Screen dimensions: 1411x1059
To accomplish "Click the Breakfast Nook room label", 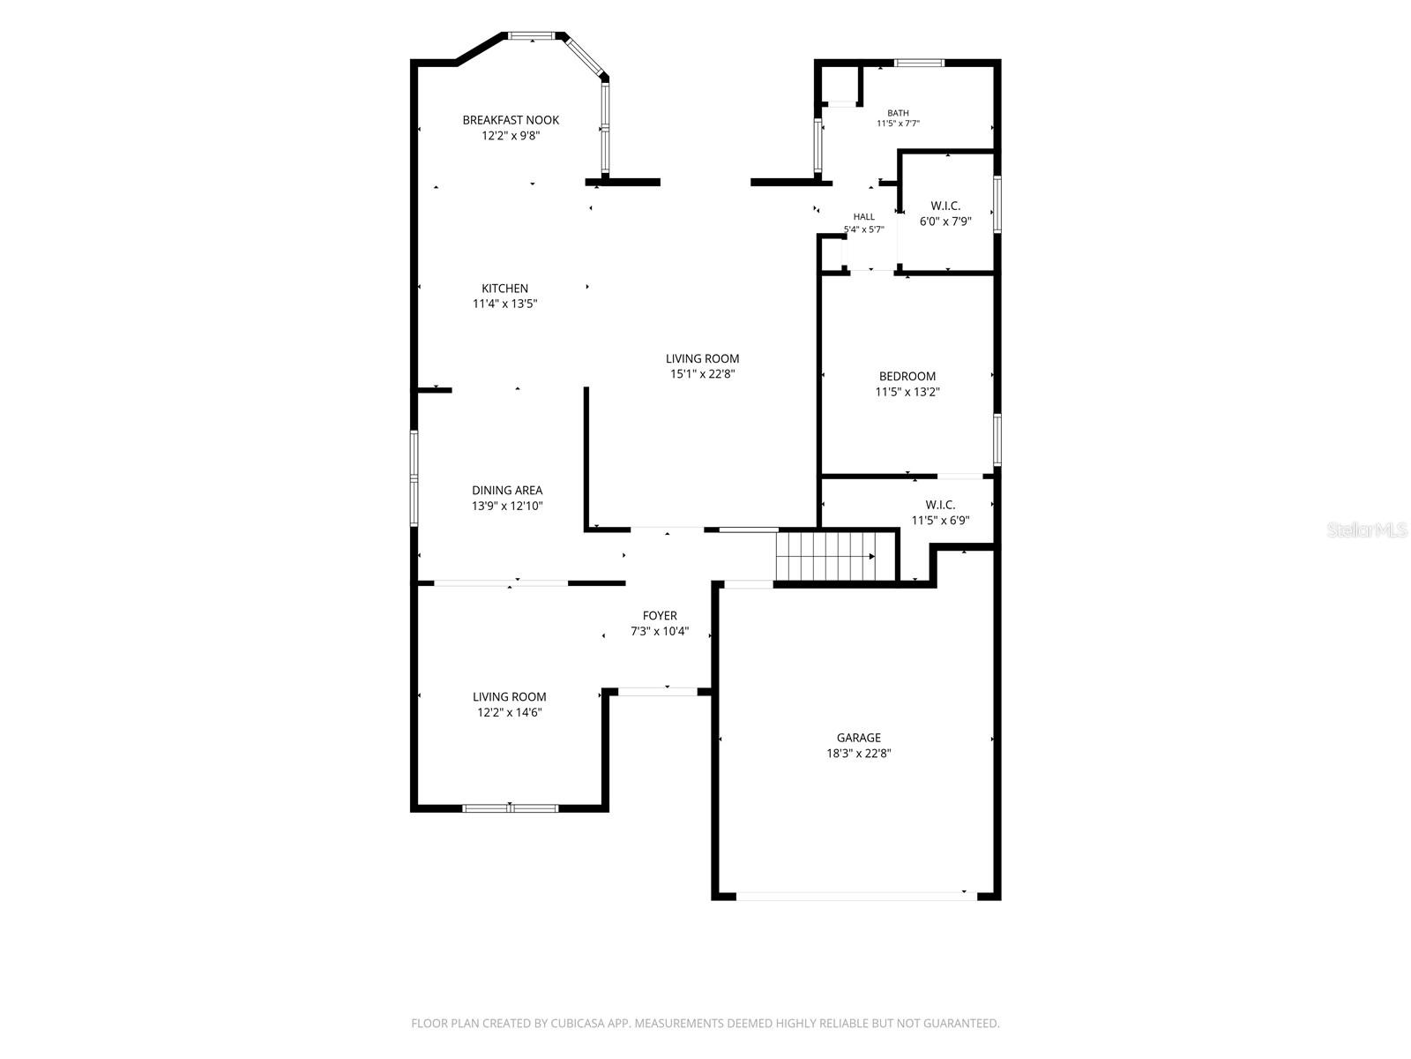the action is tap(511, 120).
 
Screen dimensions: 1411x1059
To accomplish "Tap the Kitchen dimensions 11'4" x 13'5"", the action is tap(504, 304).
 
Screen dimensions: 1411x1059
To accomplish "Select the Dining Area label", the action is tap(506, 490).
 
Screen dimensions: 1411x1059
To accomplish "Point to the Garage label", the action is tap(858, 738).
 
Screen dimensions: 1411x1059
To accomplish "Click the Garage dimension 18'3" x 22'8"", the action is tap(858, 753).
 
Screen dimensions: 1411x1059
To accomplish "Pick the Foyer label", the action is tap(660, 615).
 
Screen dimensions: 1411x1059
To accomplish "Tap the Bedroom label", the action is tap(907, 376).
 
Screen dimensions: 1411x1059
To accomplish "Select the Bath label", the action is tap(898, 113).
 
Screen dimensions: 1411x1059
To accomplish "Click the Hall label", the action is tap(864, 217).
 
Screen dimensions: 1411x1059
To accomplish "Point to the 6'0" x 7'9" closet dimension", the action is tap(945, 222).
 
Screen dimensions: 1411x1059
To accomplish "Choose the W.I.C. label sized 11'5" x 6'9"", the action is tap(940, 505).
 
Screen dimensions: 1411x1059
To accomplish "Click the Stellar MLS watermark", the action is tap(1367, 529).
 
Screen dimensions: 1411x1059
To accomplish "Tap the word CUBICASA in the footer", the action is tap(578, 1023).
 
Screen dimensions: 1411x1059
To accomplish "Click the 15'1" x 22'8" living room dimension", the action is tap(702, 373).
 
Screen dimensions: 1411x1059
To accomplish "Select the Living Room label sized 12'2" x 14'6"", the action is tap(509, 696).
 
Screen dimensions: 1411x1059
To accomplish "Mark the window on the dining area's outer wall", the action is tap(414, 477).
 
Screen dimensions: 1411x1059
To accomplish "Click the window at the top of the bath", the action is tap(919, 63).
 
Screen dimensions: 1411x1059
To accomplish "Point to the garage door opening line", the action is tap(856, 896).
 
